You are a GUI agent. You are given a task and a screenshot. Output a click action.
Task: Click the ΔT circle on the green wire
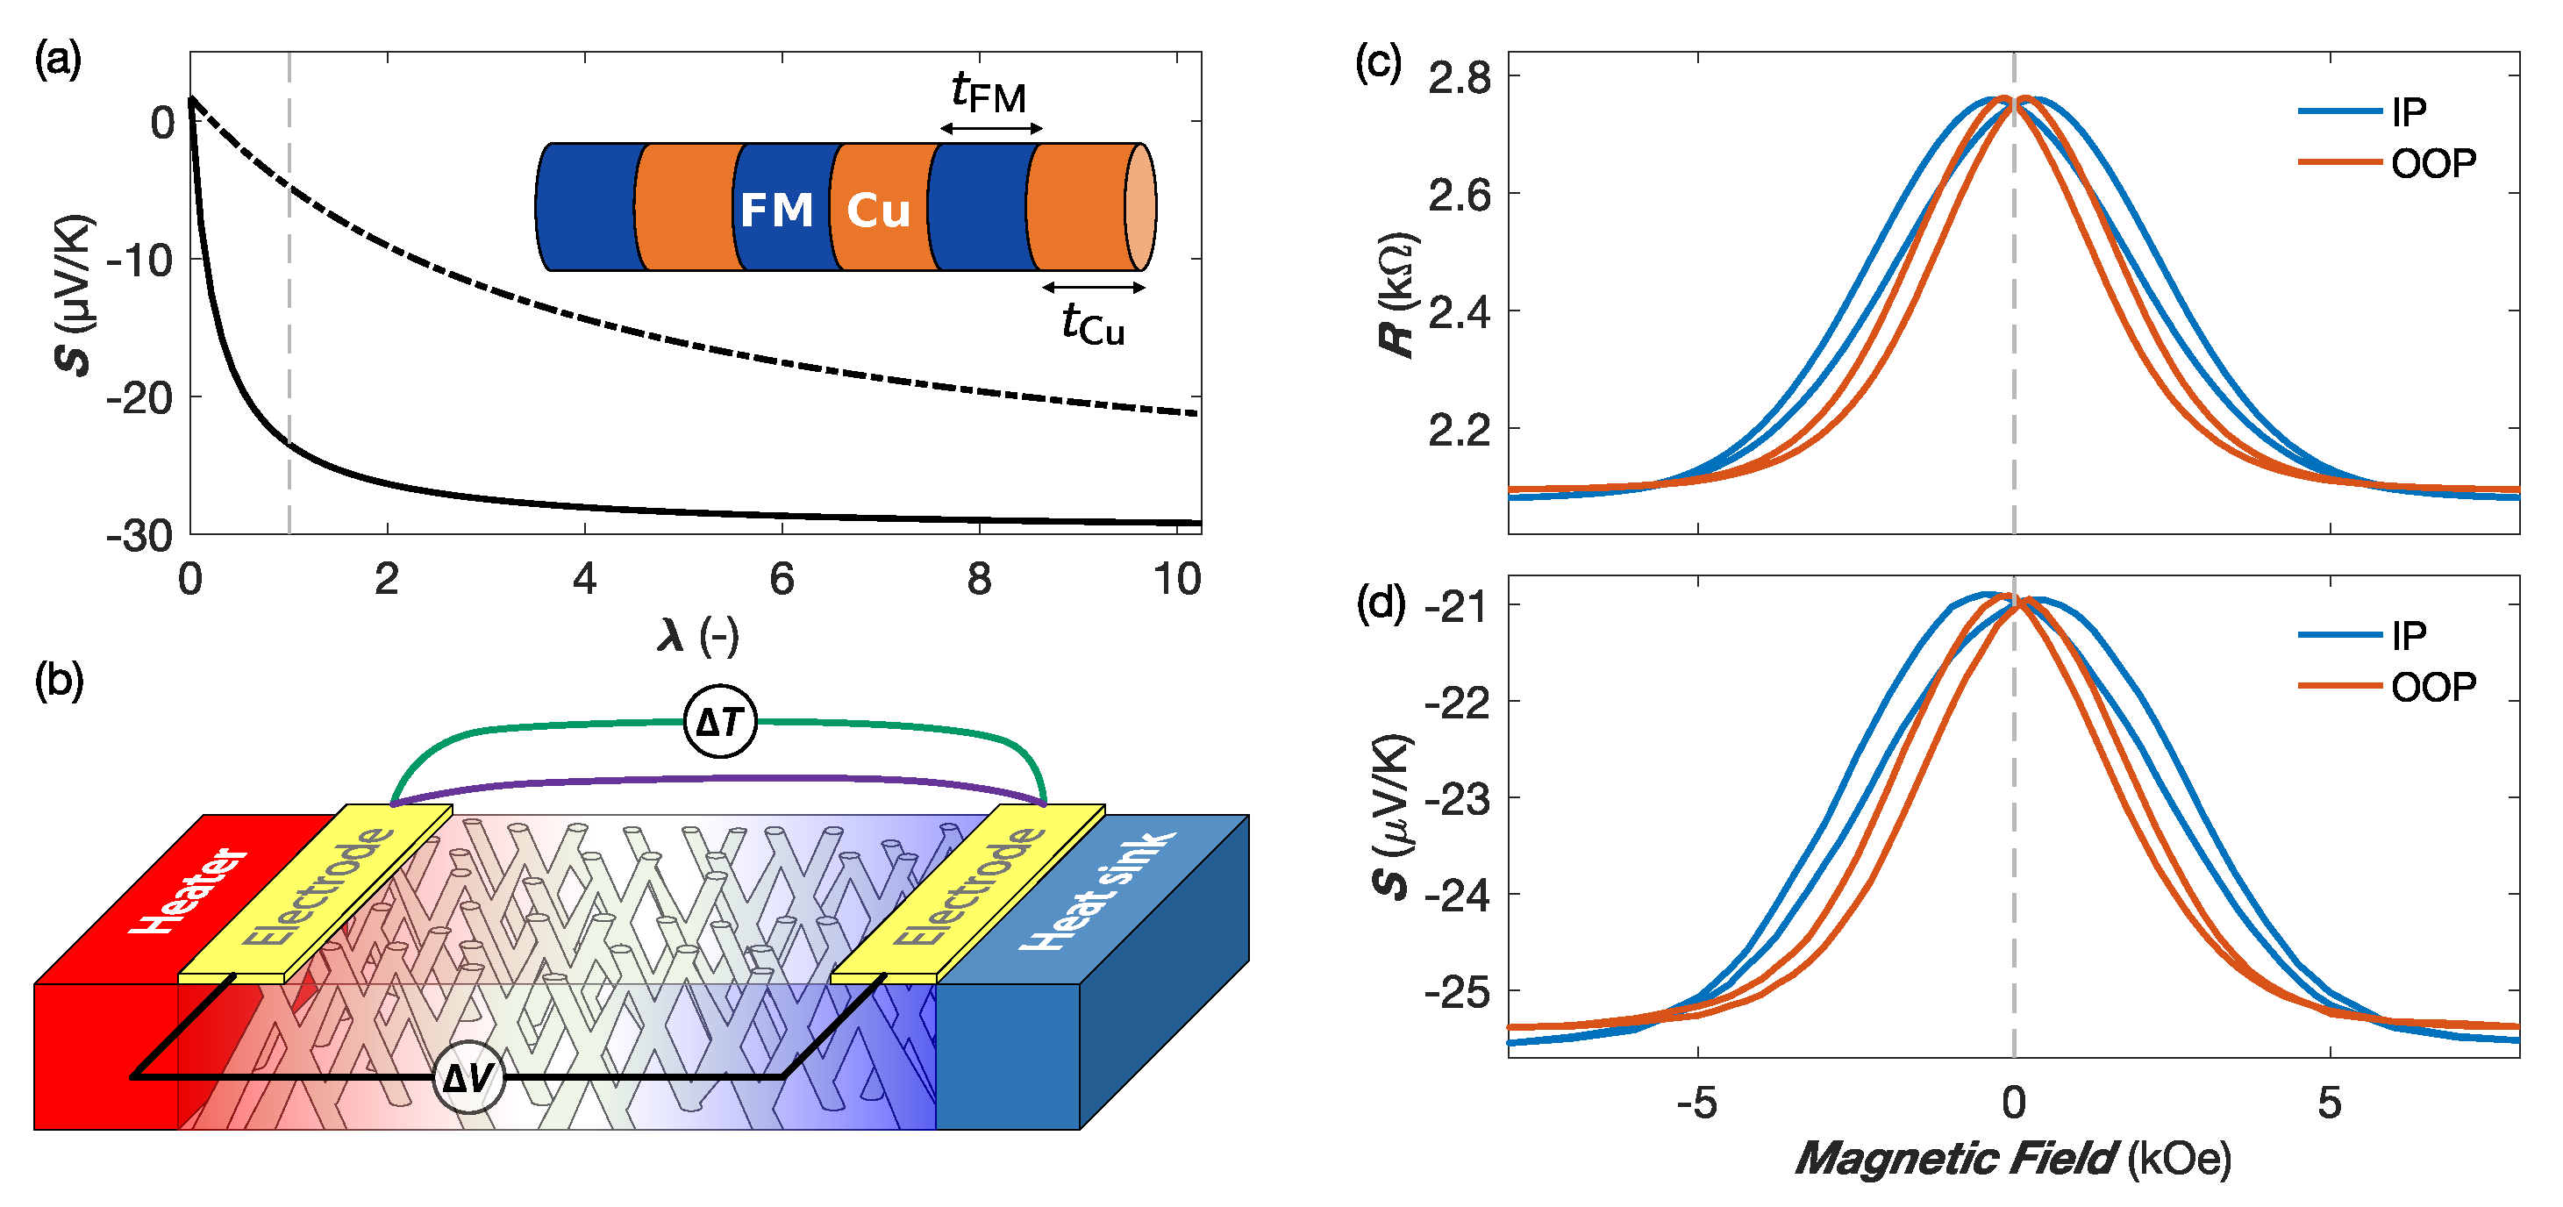click(x=720, y=721)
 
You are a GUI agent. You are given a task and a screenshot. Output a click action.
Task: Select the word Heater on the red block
click(x=189, y=890)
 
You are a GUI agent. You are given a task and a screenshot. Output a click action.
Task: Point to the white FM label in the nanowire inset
click(x=776, y=210)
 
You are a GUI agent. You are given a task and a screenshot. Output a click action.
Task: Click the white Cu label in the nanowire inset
click(x=877, y=211)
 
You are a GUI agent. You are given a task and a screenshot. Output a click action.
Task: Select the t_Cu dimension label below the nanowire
click(x=1092, y=324)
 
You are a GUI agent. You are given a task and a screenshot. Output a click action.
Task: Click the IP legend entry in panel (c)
click(x=2408, y=111)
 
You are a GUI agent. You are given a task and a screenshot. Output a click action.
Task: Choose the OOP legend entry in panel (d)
click(x=2432, y=687)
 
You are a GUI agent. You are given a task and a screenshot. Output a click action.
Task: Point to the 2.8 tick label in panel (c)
click(x=1460, y=77)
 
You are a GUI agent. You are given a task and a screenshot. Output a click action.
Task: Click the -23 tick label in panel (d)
click(x=1458, y=798)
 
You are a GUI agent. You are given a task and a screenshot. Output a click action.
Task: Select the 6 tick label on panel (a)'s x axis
click(x=782, y=579)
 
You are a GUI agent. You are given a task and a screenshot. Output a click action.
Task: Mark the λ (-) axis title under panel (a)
click(x=697, y=635)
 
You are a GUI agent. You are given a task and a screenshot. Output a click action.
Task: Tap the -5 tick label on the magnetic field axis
click(x=1696, y=1103)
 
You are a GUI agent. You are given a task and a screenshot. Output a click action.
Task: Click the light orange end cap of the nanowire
click(x=1140, y=207)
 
